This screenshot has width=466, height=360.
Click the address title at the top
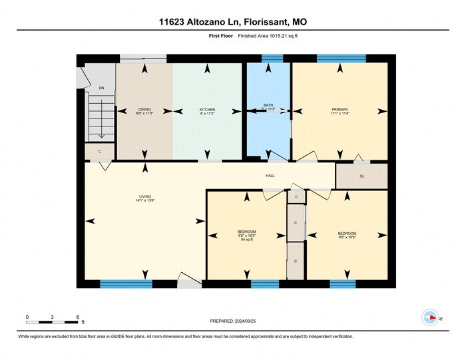(x=233, y=22)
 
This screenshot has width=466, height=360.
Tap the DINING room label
(x=144, y=109)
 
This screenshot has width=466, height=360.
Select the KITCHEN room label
(x=207, y=109)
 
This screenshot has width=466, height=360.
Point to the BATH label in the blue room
(x=268, y=105)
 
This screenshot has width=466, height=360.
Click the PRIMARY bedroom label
(x=340, y=109)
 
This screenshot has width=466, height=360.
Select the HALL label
(x=270, y=176)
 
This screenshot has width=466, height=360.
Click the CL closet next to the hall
(x=361, y=176)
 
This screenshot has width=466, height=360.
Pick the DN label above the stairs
(x=101, y=88)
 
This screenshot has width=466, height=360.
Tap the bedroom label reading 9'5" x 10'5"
(x=346, y=235)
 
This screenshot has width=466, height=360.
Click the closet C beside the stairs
(x=99, y=152)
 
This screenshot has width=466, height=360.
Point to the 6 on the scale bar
(x=78, y=316)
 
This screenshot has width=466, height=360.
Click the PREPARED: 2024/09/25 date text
(x=233, y=320)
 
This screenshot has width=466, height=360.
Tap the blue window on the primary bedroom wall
(x=341, y=59)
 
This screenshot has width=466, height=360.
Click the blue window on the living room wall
(x=126, y=284)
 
